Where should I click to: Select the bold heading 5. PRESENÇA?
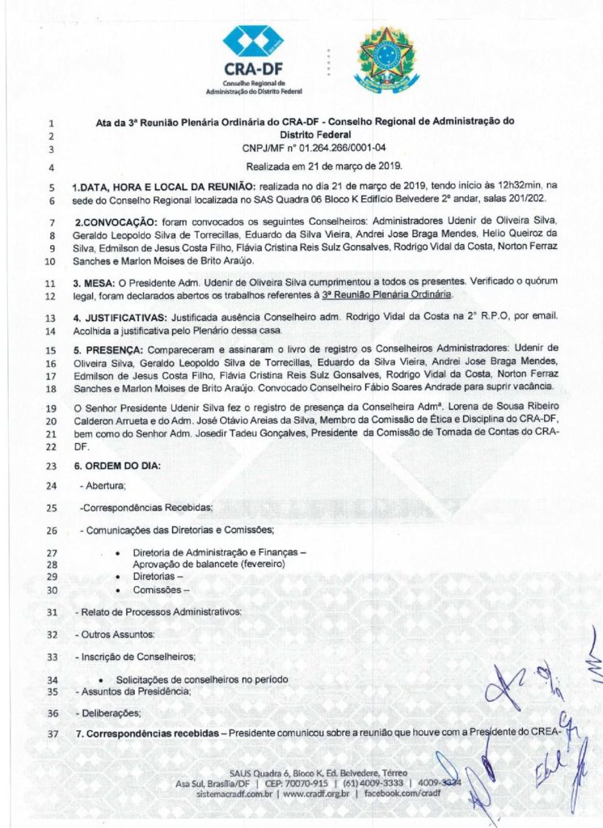coord(108,349)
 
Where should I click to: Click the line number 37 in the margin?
coord(51,735)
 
